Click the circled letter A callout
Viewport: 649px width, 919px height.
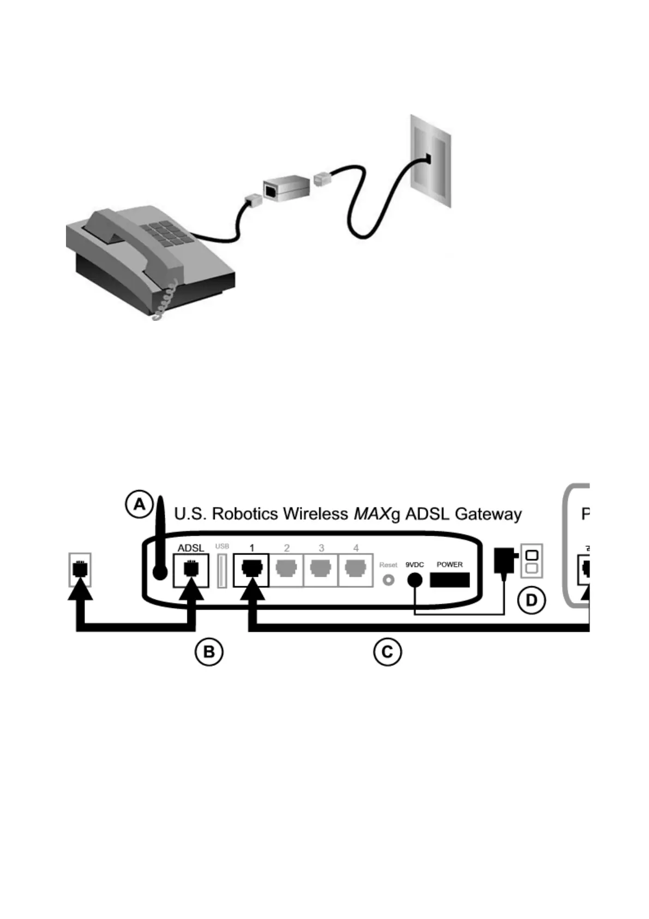(x=140, y=504)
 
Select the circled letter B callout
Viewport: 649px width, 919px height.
(x=209, y=652)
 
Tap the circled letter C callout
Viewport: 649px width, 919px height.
(x=387, y=652)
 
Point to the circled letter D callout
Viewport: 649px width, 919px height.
(x=531, y=601)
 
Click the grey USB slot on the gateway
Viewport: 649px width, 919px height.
(x=222, y=571)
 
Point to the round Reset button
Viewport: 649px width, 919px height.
(x=388, y=580)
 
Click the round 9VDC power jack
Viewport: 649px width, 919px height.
(x=415, y=580)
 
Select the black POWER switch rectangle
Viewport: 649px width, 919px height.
(x=450, y=580)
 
